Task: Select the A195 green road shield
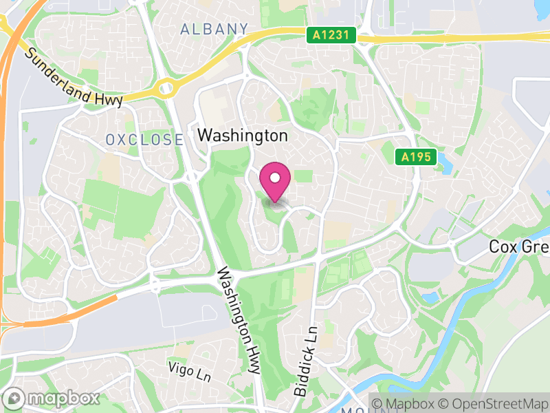(x=417, y=158)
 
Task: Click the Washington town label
(x=242, y=136)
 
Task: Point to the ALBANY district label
(x=214, y=29)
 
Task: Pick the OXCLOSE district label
(x=144, y=140)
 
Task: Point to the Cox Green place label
(x=519, y=246)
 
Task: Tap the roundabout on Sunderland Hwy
(x=166, y=87)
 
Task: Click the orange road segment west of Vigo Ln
(x=76, y=310)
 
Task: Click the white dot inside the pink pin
(x=275, y=178)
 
